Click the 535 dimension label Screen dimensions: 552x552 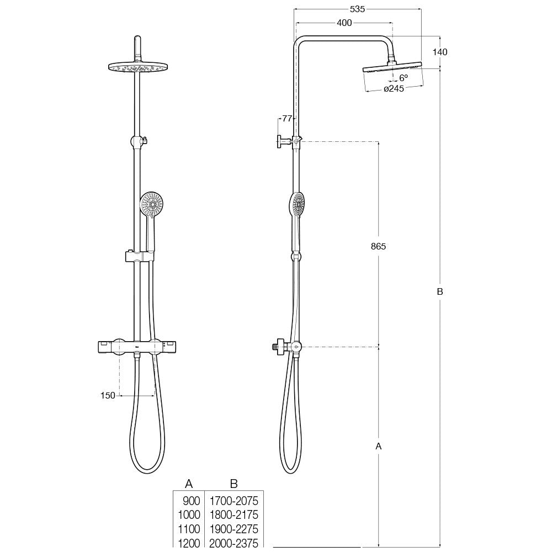pyautogui.click(x=357, y=9)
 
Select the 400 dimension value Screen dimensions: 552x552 pyautogui.click(x=344, y=23)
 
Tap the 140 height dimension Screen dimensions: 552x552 pyautogui.click(x=440, y=52)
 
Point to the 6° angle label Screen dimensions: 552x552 pyautogui.click(x=403, y=78)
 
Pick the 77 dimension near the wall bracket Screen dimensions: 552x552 pyautogui.click(x=286, y=118)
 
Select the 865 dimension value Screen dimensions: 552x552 pyautogui.click(x=378, y=246)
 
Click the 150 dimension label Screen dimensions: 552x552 pyautogui.click(x=108, y=395)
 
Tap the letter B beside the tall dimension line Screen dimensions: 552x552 pyautogui.click(x=440, y=292)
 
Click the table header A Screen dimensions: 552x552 pyautogui.click(x=188, y=484)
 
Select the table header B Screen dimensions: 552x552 pyautogui.click(x=233, y=484)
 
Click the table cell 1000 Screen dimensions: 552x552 pyautogui.click(x=189, y=515)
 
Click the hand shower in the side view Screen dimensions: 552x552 pyautogui.click(x=297, y=205)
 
